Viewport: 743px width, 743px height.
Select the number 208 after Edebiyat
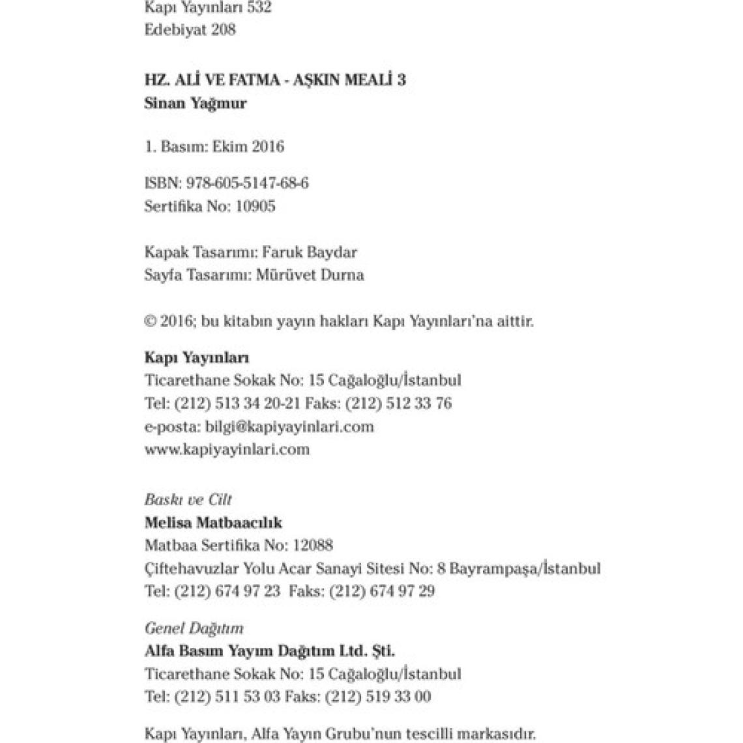click(x=223, y=30)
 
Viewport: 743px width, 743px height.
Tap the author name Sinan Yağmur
click(x=196, y=103)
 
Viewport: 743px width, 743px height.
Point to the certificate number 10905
click(x=254, y=207)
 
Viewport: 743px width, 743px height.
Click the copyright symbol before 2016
click(x=150, y=321)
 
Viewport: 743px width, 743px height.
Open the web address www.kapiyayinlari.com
click(x=227, y=450)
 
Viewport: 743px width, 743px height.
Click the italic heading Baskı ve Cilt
click(x=188, y=500)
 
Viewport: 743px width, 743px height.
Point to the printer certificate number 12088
click(x=313, y=546)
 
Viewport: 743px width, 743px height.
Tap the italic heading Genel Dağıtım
click(x=194, y=628)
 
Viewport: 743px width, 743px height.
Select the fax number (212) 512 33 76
click(x=398, y=403)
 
